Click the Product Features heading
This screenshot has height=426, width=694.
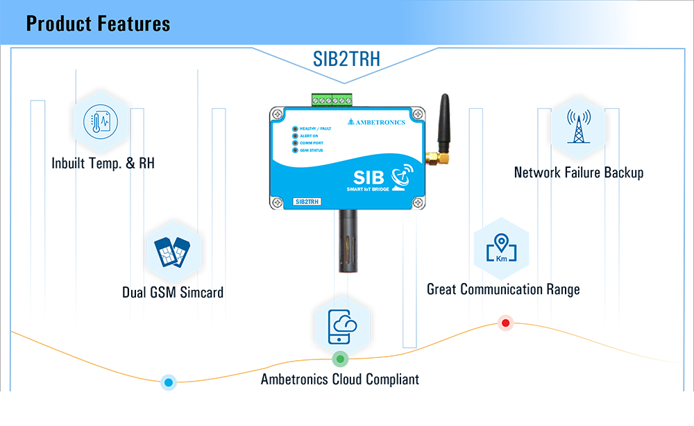(x=98, y=24)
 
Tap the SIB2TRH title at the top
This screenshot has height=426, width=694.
(x=347, y=59)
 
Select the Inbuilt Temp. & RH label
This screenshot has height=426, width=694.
(x=103, y=164)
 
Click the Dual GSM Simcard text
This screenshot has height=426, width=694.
(x=173, y=292)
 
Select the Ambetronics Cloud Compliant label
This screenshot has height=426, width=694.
(x=340, y=380)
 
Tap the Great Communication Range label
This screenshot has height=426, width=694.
(x=503, y=289)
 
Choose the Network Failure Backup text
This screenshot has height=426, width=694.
(x=579, y=173)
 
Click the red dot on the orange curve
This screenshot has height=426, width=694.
(x=505, y=323)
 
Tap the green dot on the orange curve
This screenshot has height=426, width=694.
(x=339, y=359)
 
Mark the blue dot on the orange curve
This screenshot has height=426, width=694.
(x=168, y=382)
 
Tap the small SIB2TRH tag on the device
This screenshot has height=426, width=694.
(x=307, y=202)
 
